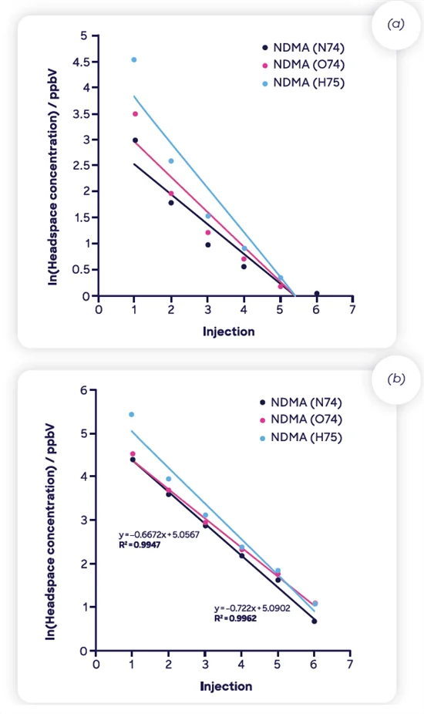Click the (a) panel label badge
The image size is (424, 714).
(x=396, y=25)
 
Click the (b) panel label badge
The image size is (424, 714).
(x=396, y=379)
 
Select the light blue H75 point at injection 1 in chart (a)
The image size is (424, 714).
(x=134, y=59)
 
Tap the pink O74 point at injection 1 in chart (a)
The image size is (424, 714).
(x=135, y=114)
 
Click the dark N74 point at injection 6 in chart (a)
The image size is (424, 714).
(x=317, y=293)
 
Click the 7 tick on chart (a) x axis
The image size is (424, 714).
(x=353, y=310)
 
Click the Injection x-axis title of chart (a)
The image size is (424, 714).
(x=228, y=332)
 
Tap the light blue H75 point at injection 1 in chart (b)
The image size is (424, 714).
(x=131, y=415)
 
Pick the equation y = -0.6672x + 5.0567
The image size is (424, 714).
(x=159, y=534)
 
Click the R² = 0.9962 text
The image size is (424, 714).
(x=235, y=618)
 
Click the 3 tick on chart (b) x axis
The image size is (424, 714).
(x=205, y=664)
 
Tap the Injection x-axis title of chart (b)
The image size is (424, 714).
(x=226, y=685)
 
